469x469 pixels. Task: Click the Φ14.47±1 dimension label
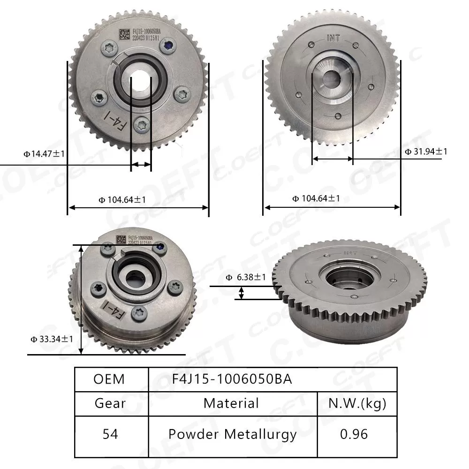click(45, 153)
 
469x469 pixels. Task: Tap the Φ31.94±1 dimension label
click(426, 151)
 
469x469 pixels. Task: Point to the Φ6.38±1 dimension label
click(246, 277)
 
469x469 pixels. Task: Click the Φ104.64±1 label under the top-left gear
click(122, 199)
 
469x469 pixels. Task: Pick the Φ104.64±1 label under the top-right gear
click(316, 198)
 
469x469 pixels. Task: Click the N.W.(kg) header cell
click(357, 403)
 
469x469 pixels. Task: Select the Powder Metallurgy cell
click(233, 434)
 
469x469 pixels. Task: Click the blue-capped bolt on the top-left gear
click(167, 45)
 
